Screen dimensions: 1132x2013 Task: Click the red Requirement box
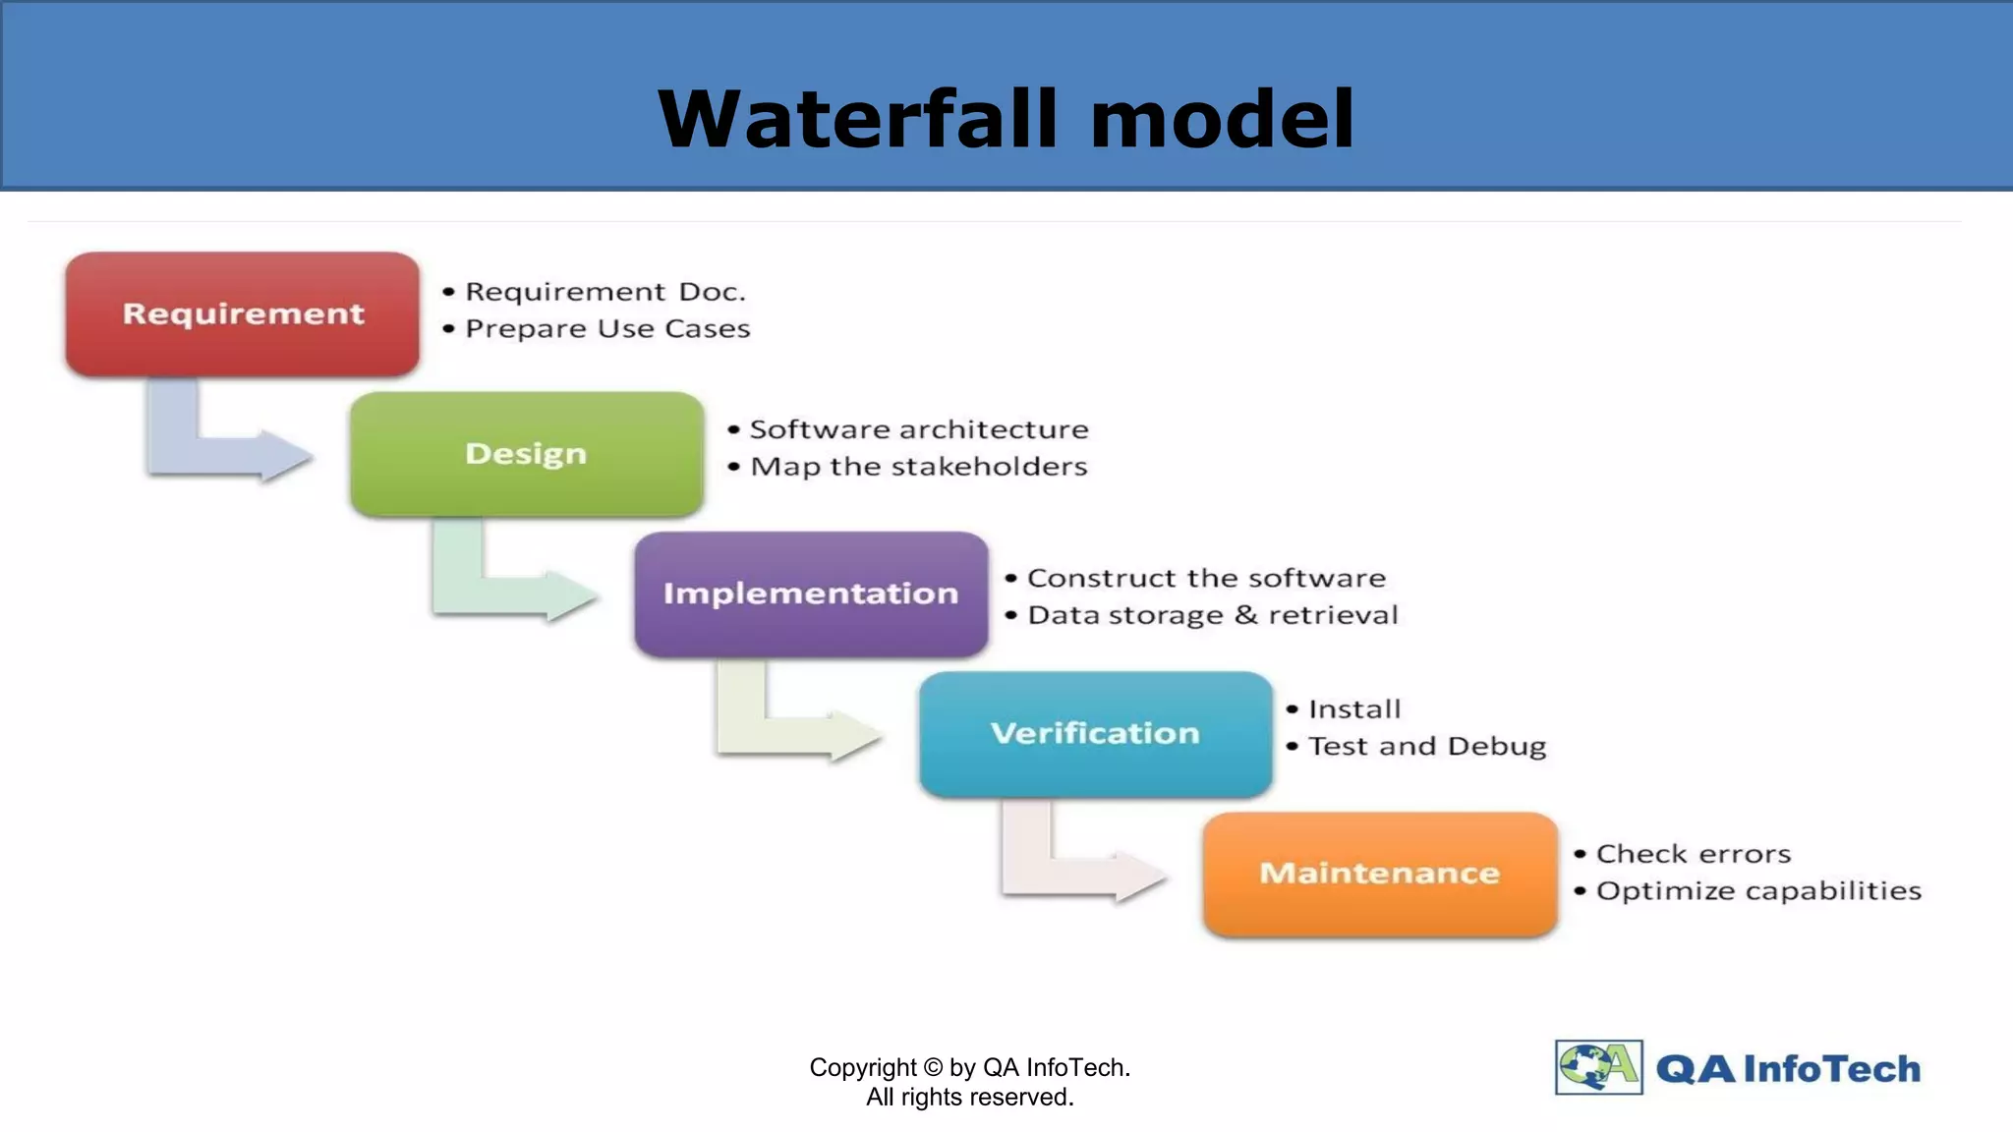(243, 313)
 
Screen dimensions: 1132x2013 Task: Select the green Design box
(527, 454)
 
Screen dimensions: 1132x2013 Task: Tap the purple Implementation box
(811, 594)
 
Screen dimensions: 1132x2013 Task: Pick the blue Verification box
(1095, 733)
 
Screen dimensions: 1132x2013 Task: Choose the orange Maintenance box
(1380, 873)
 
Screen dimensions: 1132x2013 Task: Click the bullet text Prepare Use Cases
(607, 329)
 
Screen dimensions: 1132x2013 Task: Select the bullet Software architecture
(919, 429)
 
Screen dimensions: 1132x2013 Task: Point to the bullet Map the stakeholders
(919, 467)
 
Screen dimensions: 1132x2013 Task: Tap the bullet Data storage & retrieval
(1212, 615)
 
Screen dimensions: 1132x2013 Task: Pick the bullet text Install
(1354, 709)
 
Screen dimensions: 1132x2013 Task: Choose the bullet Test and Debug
(1427, 747)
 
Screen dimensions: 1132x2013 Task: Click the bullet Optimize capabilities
(1758, 891)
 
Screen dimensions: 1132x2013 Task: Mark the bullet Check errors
(1694, 854)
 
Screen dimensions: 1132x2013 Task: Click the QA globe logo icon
(1598, 1067)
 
